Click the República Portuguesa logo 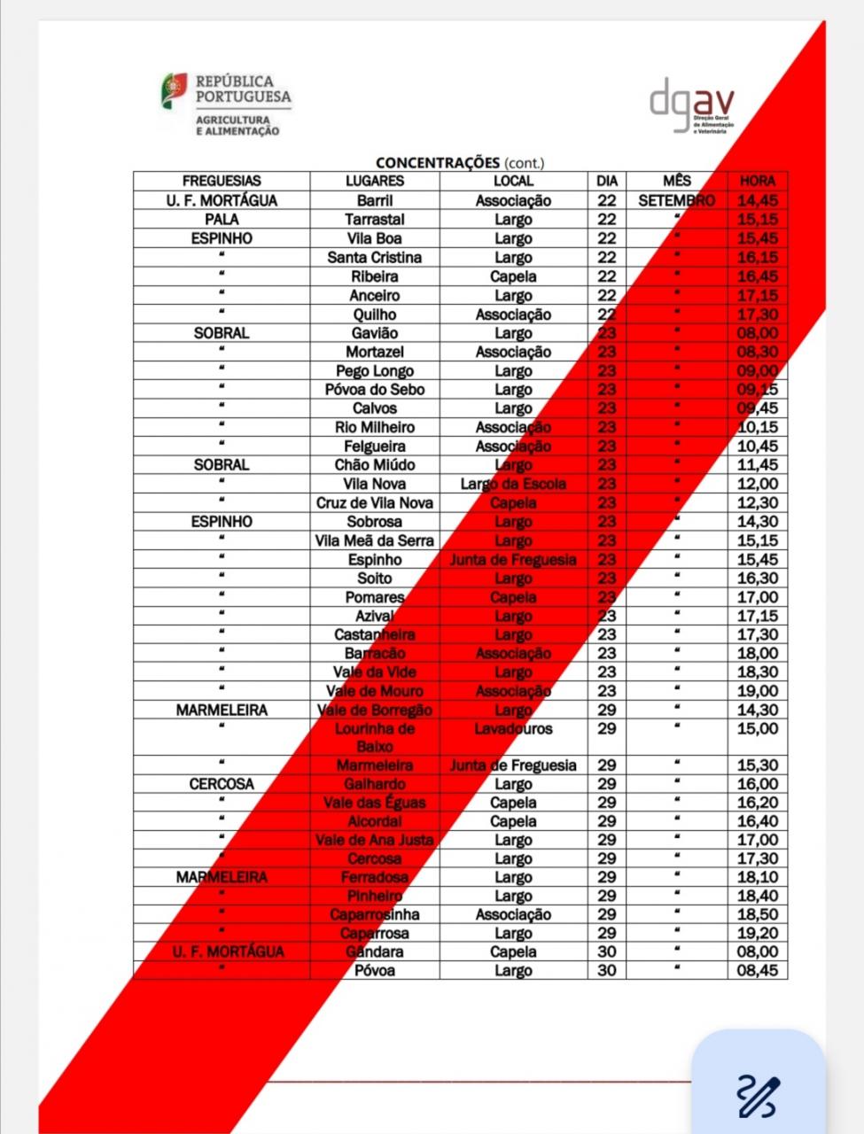(x=225, y=104)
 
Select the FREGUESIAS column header (x=222, y=181)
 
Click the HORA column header (x=757, y=181)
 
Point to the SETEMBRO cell (x=676, y=200)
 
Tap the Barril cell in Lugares (x=374, y=200)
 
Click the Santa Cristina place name (x=374, y=257)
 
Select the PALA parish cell (x=222, y=219)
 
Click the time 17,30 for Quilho (x=757, y=314)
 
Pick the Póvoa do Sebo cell (x=374, y=389)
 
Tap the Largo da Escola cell (x=513, y=484)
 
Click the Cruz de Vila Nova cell (x=374, y=502)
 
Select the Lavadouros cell (x=513, y=728)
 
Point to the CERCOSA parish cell (x=222, y=783)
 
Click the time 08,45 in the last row (x=757, y=970)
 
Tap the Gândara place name (x=374, y=951)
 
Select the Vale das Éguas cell (x=374, y=803)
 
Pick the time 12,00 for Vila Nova (x=757, y=484)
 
